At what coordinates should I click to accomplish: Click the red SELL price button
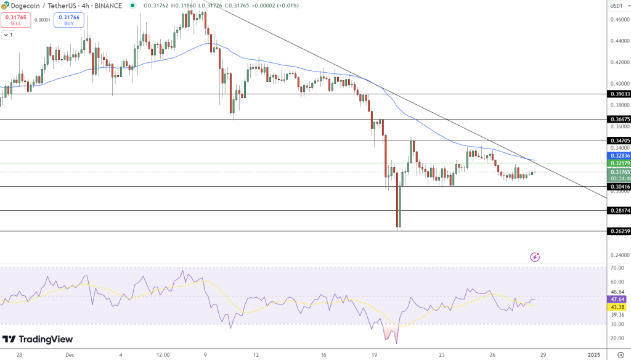tap(15, 20)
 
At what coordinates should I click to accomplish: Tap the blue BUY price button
tap(69, 20)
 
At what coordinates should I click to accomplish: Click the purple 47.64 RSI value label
tap(617, 299)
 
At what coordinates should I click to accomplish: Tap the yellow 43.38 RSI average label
tap(617, 306)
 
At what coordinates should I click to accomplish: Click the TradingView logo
tap(38, 339)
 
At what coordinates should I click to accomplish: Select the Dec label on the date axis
tap(70, 354)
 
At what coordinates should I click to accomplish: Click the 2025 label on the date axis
tap(595, 354)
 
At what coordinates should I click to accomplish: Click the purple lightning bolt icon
tap(535, 256)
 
